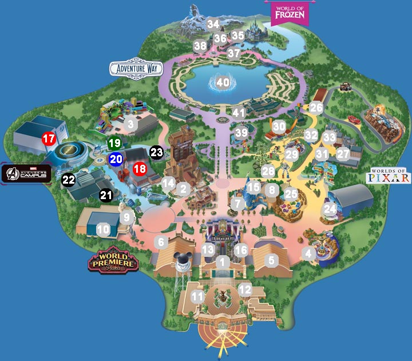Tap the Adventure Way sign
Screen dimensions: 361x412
pyautogui.click(x=136, y=69)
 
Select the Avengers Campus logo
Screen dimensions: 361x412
pyautogui.click(x=26, y=173)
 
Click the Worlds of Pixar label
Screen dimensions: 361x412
pyautogui.click(x=390, y=175)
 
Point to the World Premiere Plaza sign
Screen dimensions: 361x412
pyautogui.click(x=114, y=261)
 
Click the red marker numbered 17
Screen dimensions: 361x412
pyautogui.click(x=49, y=138)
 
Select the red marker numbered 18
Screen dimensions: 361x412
pyautogui.click(x=140, y=169)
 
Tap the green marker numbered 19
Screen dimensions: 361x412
pyautogui.click(x=114, y=143)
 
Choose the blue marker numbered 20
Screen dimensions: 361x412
pyautogui.click(x=116, y=159)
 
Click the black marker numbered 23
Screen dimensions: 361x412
pyautogui.click(x=156, y=152)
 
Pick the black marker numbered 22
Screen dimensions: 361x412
pyautogui.click(x=69, y=180)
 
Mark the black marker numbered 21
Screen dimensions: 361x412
pyautogui.click(x=106, y=195)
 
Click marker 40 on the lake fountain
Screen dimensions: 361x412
pyautogui.click(x=223, y=82)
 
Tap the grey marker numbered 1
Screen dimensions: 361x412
pyautogui.click(x=223, y=261)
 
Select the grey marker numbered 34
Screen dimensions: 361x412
pyautogui.click(x=213, y=24)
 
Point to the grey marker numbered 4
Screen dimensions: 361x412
pyautogui.click(x=309, y=253)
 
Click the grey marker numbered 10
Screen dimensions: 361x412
pyautogui.click(x=103, y=230)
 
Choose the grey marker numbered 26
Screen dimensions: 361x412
pyautogui.click(x=316, y=107)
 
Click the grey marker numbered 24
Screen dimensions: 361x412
pyautogui.click(x=330, y=209)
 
